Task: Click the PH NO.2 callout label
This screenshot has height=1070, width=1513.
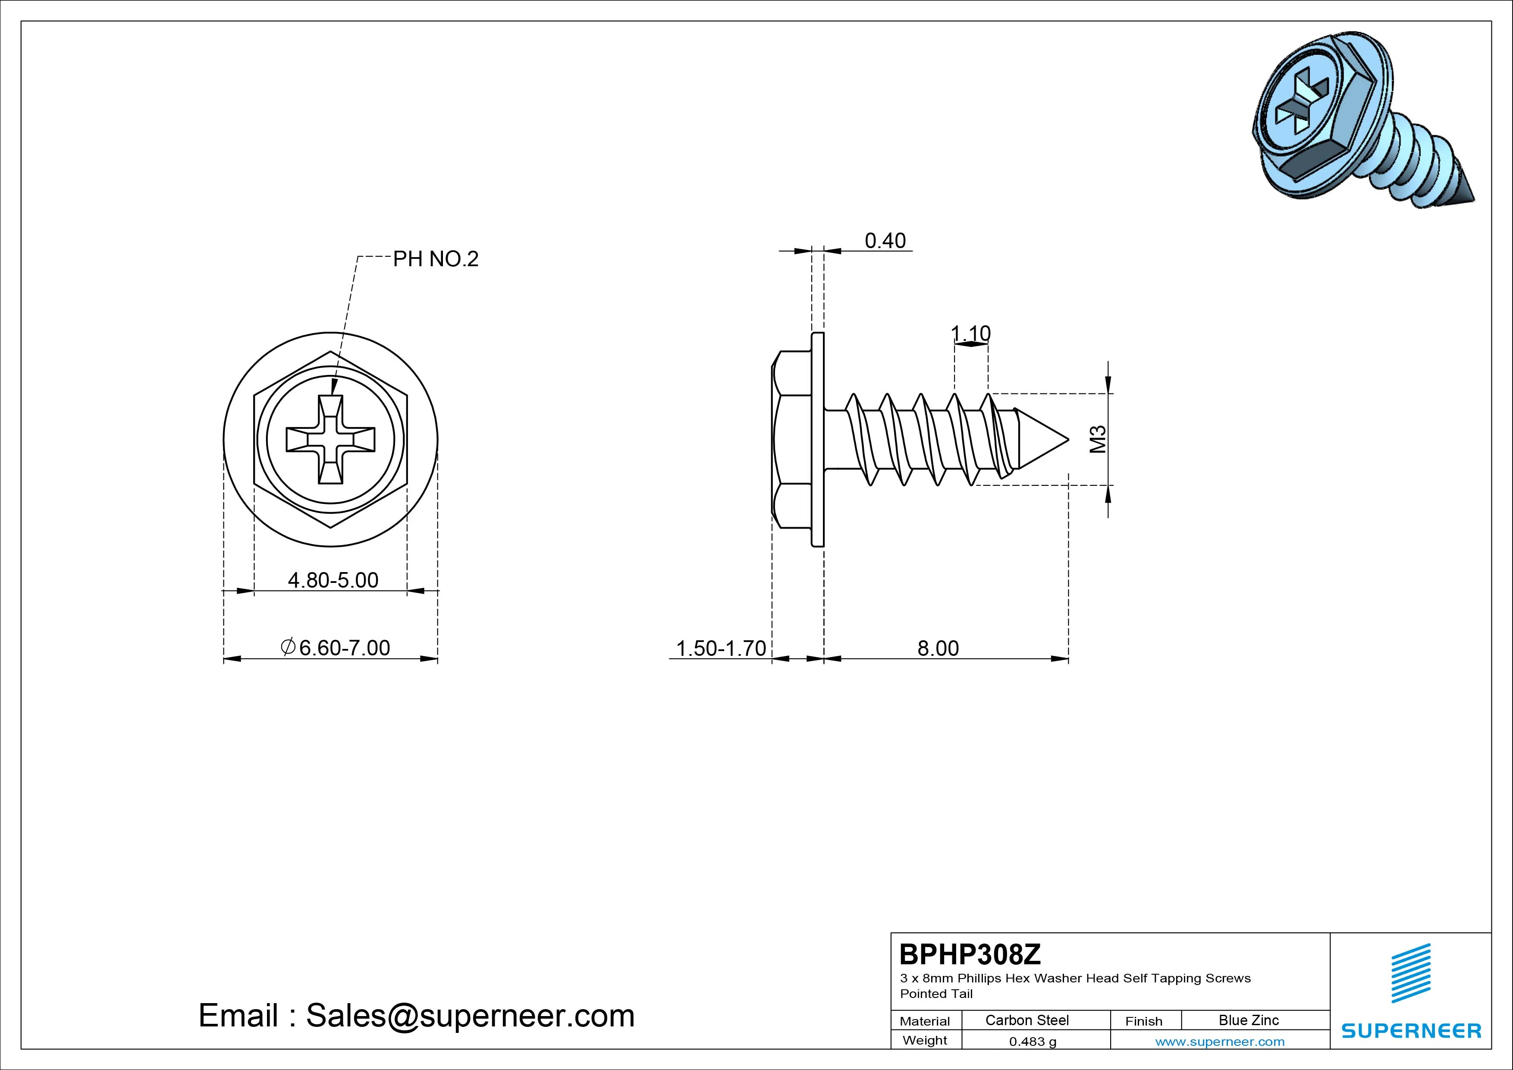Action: [436, 259]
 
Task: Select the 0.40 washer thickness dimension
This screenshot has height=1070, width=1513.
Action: [885, 241]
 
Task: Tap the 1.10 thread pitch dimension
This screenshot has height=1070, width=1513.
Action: [971, 333]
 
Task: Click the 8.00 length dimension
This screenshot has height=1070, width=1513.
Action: [939, 648]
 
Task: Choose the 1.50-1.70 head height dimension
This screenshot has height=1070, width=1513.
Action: [721, 648]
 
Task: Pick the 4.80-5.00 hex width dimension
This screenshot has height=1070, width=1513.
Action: [333, 580]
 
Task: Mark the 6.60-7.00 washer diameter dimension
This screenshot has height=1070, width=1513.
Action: [336, 648]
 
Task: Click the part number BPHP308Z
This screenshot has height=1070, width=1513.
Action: [970, 954]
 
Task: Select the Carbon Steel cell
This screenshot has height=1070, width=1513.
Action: [1026, 1020]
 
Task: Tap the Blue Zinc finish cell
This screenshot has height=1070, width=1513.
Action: [1249, 1020]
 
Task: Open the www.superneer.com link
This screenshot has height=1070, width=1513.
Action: [1220, 1042]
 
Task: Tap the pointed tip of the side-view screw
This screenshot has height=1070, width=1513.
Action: [1067, 439]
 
